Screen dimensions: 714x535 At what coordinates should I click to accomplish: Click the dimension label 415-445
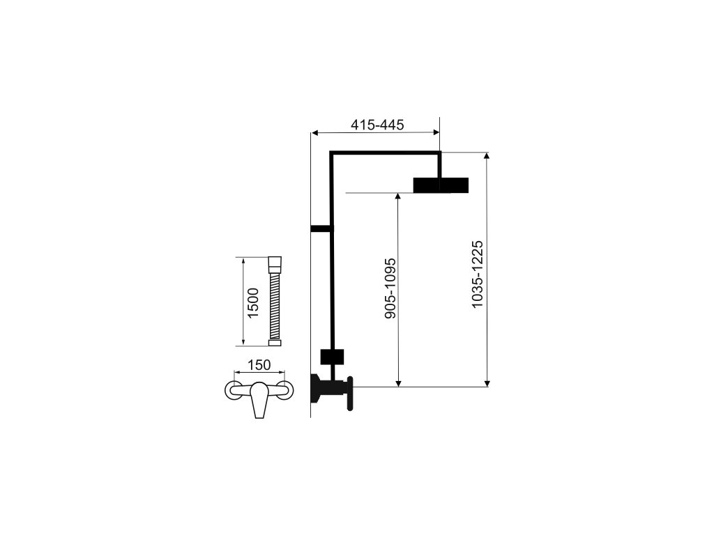tap(377, 125)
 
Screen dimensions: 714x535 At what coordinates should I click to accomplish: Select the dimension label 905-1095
tap(391, 289)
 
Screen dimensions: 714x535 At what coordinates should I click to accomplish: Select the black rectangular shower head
tap(441, 185)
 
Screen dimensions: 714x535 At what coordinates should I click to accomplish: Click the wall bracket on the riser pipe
tap(321, 228)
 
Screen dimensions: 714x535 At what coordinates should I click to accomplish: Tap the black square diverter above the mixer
tap(332, 357)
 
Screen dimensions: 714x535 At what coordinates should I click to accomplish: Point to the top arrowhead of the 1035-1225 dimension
tap(487, 156)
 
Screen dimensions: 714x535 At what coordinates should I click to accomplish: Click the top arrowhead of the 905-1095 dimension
tap(398, 197)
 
